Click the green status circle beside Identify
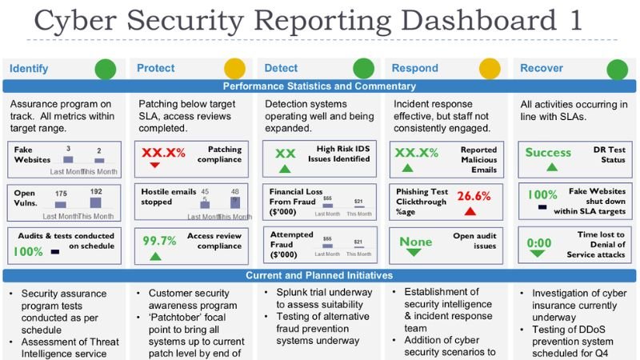point(106,69)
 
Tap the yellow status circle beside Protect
point(234,69)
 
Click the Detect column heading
point(281,69)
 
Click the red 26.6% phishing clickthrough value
point(474,196)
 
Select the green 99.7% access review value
point(159,240)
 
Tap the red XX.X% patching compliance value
point(165,152)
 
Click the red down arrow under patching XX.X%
point(155,166)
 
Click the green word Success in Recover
point(548,152)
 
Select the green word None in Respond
point(415,241)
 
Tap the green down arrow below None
point(414,253)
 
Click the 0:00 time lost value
point(539,242)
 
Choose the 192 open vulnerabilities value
point(96,191)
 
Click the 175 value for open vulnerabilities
point(61,193)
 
